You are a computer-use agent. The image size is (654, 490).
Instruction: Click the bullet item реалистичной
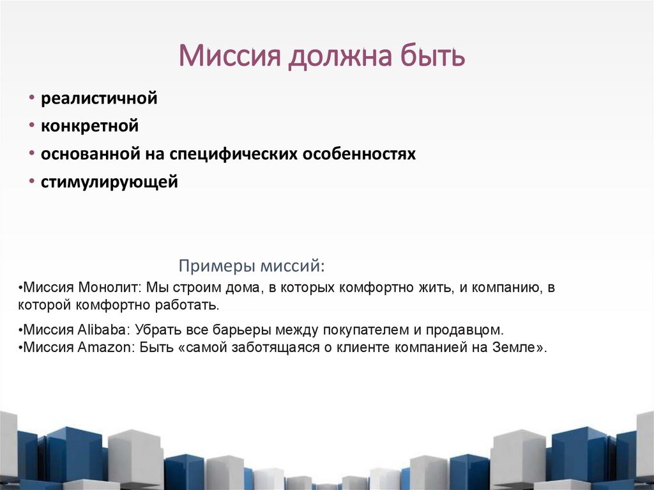point(99,99)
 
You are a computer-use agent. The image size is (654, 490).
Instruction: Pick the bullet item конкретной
point(89,126)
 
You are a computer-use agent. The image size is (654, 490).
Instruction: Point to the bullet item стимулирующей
point(109,182)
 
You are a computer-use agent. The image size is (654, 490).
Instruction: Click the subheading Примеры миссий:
point(252,265)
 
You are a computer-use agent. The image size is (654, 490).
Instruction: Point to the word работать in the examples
point(191,305)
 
